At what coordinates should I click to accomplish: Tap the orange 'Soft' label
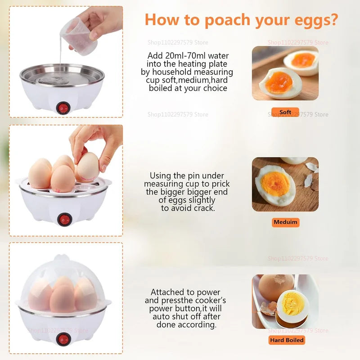tap(285, 112)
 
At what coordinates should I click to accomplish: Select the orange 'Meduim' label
tap(286, 222)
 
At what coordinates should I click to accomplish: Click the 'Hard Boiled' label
tap(287, 340)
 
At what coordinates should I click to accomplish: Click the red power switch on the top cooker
tap(62, 108)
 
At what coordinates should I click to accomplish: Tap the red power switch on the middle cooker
tap(64, 219)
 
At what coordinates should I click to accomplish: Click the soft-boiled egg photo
tap(285, 73)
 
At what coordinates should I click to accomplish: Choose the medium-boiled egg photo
tap(285, 184)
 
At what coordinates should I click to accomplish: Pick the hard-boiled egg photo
tap(285, 301)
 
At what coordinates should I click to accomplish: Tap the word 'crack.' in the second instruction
tap(203, 208)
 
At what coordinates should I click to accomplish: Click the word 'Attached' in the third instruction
tap(168, 292)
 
